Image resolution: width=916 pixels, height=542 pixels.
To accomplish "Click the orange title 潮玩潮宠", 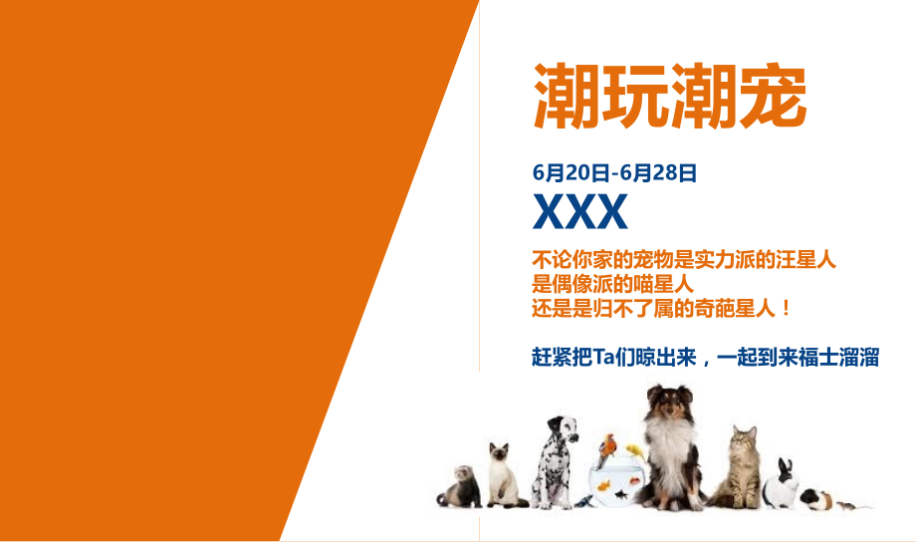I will pos(669,97).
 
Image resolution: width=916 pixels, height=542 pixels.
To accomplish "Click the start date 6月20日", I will pos(571,172).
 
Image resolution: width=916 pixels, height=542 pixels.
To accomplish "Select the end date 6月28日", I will pos(658,172).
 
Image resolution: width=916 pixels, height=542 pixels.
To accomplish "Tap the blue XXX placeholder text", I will pos(580,211).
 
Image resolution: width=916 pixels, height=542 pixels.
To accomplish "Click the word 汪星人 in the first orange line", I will pos(805,261).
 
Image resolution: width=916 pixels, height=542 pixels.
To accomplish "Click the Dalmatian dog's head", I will pos(558,434).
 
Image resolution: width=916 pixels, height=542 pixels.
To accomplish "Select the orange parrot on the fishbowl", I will pos(607,448).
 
